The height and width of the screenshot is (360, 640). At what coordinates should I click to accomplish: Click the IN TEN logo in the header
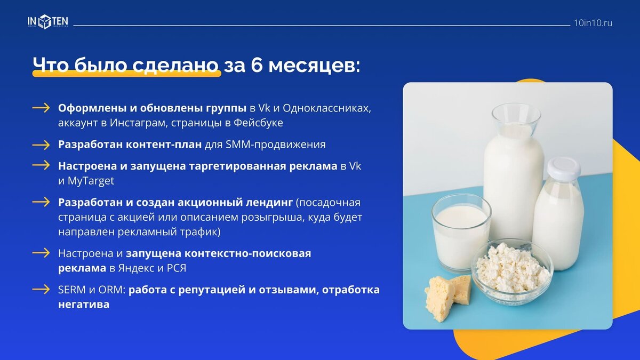click(x=47, y=22)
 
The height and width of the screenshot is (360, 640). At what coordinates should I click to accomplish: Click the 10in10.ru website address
click(x=593, y=23)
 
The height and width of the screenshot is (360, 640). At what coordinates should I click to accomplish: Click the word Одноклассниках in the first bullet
click(x=327, y=108)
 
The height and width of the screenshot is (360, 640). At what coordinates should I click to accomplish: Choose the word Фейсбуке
click(x=258, y=123)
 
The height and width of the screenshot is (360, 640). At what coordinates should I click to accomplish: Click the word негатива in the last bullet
click(x=84, y=305)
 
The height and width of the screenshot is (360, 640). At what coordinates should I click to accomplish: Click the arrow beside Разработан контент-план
click(x=41, y=145)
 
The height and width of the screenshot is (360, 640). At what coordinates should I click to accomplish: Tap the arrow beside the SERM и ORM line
click(x=41, y=290)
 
